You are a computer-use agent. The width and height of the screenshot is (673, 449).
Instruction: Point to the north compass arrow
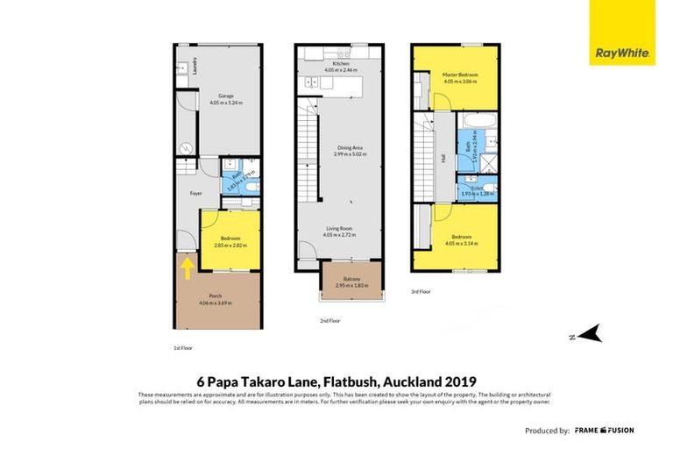tap(590, 333)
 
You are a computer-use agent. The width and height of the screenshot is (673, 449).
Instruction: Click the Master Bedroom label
tap(460, 75)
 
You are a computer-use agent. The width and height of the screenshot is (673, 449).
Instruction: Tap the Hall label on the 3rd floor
tap(443, 160)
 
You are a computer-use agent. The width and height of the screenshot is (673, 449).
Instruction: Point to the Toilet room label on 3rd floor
tap(478, 186)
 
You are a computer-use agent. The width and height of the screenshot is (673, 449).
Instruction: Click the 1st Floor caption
tap(183, 347)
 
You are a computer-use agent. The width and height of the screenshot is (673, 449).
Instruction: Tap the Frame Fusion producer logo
tap(604, 431)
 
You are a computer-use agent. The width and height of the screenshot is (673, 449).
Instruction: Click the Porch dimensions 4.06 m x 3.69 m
tap(215, 303)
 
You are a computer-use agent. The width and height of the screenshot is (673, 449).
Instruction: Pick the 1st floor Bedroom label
tap(230, 238)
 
